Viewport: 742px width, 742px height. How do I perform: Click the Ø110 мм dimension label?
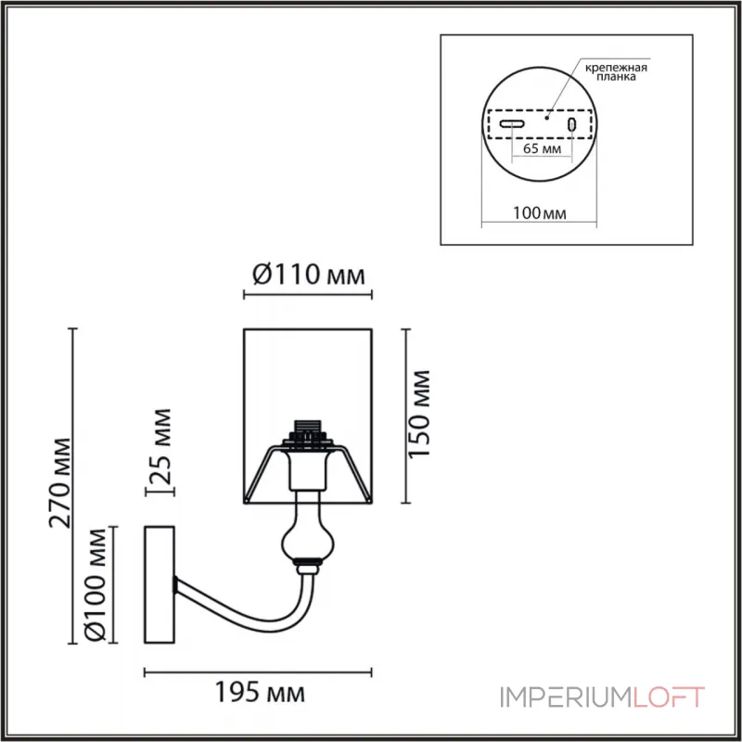(x=309, y=275)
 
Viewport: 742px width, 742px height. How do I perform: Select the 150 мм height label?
(x=419, y=414)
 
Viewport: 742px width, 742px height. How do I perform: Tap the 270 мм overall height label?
(x=60, y=483)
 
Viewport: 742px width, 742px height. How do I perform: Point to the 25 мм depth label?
(x=160, y=446)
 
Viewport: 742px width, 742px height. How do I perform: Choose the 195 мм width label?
(x=260, y=692)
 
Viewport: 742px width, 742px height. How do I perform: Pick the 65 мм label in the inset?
(x=542, y=148)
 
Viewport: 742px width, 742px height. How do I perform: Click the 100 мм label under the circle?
(x=539, y=213)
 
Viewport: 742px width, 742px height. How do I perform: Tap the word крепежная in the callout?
(x=616, y=67)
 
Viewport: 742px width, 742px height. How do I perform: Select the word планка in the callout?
(x=616, y=77)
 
